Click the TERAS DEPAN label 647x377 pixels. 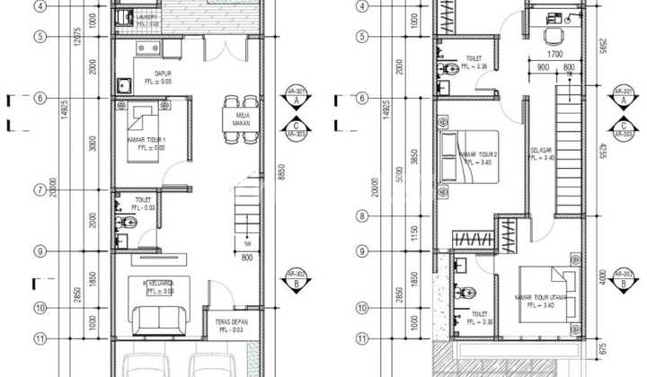[230, 322]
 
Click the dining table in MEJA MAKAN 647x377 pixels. [232, 120]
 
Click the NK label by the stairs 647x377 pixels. [247, 241]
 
